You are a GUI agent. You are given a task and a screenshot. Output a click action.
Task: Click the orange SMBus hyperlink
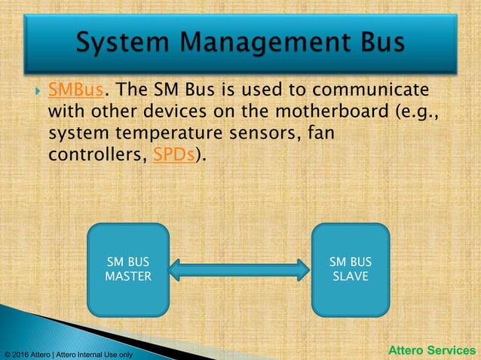75,91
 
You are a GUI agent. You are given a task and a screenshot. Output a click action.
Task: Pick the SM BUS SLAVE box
351,269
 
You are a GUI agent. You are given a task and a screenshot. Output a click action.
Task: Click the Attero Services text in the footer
432,350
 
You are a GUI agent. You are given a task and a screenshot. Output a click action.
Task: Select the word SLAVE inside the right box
351,276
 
